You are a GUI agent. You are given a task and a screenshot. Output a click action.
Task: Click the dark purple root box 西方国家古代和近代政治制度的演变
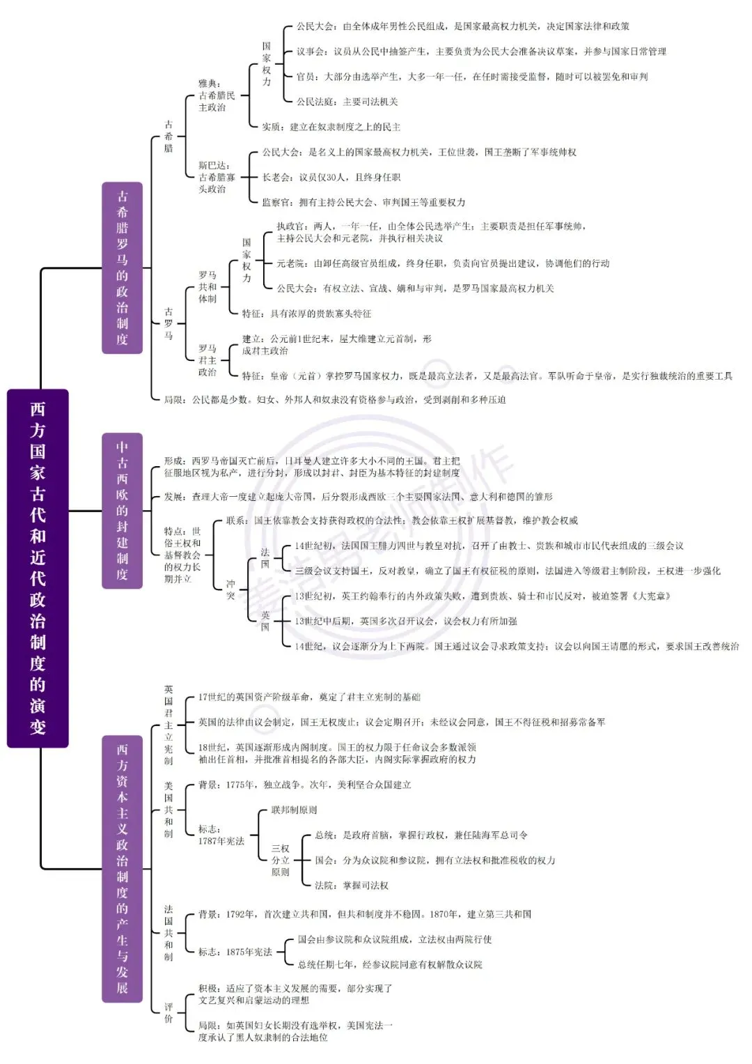[38, 568]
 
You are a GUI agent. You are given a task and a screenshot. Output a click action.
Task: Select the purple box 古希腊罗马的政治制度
[122, 268]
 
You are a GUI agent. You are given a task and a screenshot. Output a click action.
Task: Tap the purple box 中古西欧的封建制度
[122, 511]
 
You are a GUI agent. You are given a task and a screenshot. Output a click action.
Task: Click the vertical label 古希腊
[169, 137]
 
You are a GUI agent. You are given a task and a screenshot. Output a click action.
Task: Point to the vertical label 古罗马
[169, 323]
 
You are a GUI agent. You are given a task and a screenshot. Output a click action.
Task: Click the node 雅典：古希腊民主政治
[217, 95]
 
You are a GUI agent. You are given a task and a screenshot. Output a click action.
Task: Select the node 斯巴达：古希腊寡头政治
[217, 177]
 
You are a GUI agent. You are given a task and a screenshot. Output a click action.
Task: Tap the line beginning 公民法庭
[347, 102]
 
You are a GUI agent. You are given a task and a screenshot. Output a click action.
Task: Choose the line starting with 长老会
[331, 177]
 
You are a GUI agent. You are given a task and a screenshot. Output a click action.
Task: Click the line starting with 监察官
[363, 202]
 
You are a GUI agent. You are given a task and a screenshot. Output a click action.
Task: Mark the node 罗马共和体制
[207, 287]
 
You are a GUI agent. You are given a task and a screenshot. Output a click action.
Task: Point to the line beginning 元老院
[443, 263]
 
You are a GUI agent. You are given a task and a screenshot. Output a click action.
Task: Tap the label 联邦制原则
[294, 810]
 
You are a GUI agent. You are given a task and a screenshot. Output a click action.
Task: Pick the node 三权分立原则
[280, 861]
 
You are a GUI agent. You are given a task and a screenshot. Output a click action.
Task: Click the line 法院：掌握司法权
[352, 886]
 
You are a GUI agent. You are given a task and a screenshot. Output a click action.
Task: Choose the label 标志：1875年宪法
[235, 952]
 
